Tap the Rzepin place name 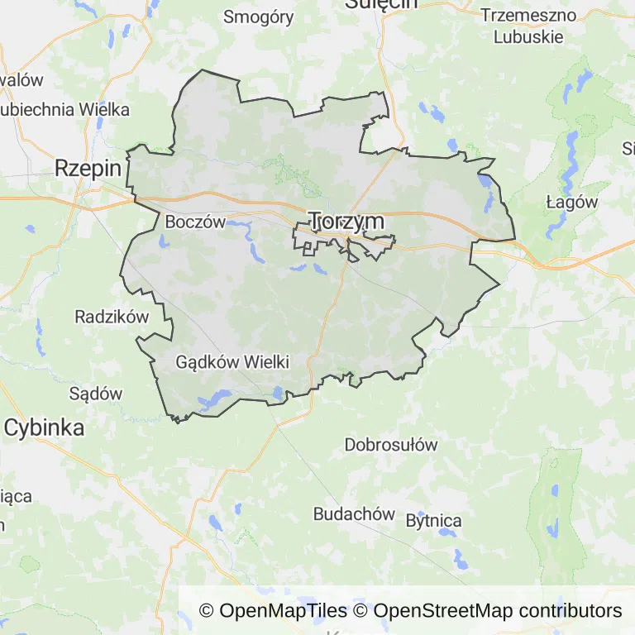point(88,169)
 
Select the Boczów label point(195,222)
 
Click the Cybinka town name point(44,427)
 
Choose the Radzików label point(111,316)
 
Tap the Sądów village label point(96,394)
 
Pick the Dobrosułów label point(390,444)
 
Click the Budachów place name point(354,513)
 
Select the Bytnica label point(433,521)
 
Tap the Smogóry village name point(259,17)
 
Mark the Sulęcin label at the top point(381,4)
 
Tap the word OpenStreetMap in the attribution point(443,611)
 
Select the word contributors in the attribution point(571,611)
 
